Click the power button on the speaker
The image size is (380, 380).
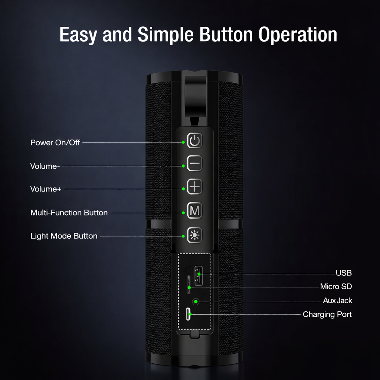point(194,141)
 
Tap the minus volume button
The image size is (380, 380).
point(194,164)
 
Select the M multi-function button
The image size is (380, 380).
point(194,211)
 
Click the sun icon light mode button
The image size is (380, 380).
point(194,235)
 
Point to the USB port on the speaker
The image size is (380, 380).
point(198,276)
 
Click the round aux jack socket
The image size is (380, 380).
point(196,301)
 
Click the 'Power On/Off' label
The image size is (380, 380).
point(55,142)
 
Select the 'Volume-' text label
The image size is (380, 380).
point(45,166)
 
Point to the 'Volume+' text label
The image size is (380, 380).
point(46,189)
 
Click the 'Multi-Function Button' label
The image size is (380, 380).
point(69,213)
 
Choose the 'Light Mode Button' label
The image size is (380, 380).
point(64,236)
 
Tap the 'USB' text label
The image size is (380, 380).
point(344,273)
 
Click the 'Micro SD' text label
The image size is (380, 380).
point(336,286)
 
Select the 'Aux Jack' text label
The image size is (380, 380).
point(337,301)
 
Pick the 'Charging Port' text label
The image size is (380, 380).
point(327,314)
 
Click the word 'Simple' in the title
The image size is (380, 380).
point(166,35)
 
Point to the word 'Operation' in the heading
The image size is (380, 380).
point(298,35)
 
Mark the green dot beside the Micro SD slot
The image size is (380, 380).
point(189,288)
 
